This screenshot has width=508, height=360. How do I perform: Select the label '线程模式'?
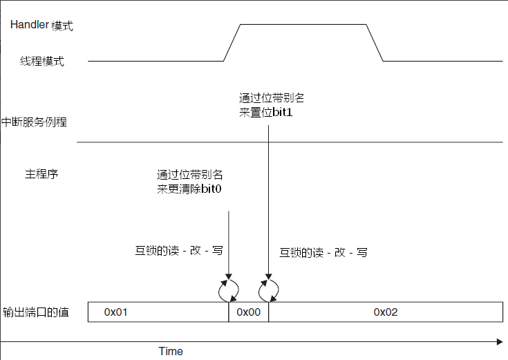click(x=42, y=61)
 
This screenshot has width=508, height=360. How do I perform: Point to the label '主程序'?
click(x=41, y=173)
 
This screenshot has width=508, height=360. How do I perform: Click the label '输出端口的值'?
click(x=35, y=312)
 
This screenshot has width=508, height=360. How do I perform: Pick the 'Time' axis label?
click(x=171, y=351)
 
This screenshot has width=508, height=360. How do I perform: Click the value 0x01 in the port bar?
click(x=116, y=312)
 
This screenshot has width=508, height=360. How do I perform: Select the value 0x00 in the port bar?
click(x=249, y=312)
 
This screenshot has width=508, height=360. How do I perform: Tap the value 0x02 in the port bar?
click(x=386, y=312)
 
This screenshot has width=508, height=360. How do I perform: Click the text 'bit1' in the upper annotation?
click(x=283, y=111)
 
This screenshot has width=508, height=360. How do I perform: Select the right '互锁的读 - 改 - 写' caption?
click(x=323, y=252)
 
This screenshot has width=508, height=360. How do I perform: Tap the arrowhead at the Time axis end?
click(x=500, y=341)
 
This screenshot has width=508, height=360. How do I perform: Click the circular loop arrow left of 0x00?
click(x=229, y=290)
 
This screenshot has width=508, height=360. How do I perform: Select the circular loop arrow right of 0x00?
click(x=268, y=290)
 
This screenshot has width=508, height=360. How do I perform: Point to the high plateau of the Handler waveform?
click(x=303, y=25)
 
